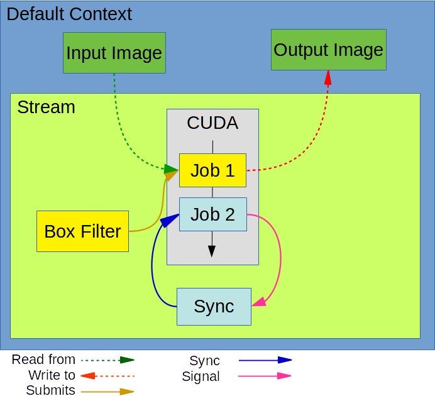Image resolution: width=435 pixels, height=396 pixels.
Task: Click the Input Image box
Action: (x=114, y=53)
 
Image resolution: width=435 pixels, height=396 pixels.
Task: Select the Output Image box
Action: (x=328, y=50)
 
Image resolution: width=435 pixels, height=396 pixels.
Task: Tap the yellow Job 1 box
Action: (x=212, y=170)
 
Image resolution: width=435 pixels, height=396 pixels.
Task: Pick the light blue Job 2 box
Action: (x=212, y=214)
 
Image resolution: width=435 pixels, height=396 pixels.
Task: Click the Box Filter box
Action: (x=82, y=231)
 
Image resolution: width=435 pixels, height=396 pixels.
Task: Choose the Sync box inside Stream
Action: (x=214, y=307)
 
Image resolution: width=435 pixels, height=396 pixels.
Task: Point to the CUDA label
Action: (x=212, y=123)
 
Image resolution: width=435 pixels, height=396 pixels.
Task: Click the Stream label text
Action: (x=46, y=107)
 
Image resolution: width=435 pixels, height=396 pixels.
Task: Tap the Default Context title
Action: (x=69, y=14)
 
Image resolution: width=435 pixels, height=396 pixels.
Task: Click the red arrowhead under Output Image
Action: (x=328, y=78)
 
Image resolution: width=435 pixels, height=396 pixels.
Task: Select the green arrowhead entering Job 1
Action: (x=171, y=168)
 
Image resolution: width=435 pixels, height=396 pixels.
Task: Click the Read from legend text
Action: (x=43, y=360)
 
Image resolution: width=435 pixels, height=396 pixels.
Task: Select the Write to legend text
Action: (x=52, y=375)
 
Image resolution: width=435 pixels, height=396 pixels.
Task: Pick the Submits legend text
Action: (x=50, y=390)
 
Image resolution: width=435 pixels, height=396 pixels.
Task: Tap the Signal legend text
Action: (x=201, y=377)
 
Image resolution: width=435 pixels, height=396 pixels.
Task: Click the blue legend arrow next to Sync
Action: (x=265, y=360)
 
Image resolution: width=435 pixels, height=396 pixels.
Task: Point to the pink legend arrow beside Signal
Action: (x=265, y=376)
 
